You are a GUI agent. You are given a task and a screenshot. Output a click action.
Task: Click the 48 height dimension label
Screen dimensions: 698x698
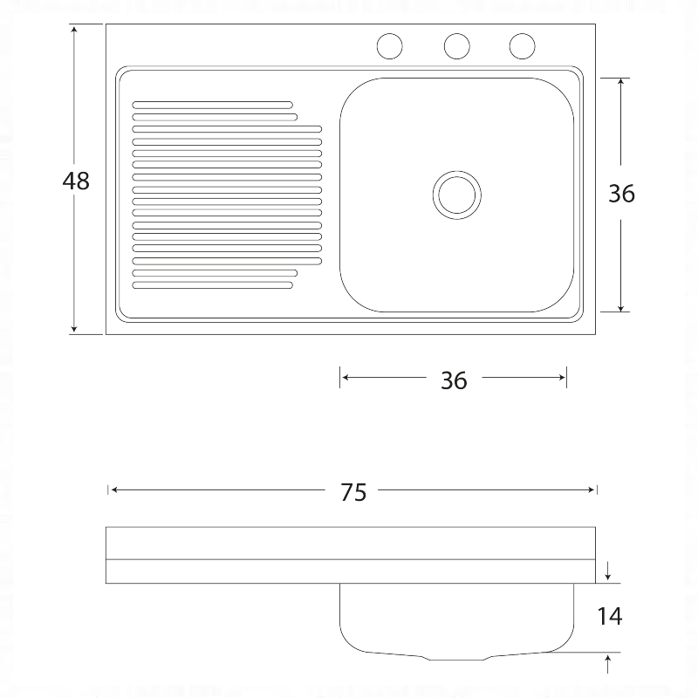(76, 181)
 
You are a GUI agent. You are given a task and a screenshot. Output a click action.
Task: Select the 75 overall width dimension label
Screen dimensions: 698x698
(353, 492)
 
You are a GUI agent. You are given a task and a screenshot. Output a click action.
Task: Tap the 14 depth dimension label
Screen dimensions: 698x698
(609, 616)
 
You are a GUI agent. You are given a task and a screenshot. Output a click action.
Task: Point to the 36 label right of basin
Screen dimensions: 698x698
(621, 194)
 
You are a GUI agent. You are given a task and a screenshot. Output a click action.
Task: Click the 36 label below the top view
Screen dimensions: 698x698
(454, 380)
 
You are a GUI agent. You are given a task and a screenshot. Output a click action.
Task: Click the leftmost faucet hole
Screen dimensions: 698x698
(389, 46)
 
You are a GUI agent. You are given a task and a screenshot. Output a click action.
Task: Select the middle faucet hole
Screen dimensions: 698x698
(456, 46)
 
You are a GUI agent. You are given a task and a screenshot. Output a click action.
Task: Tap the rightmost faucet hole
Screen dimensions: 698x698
(522, 46)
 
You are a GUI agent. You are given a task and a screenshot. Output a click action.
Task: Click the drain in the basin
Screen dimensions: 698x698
(456, 195)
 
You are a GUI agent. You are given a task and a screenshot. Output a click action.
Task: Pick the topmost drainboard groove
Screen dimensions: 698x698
(212, 105)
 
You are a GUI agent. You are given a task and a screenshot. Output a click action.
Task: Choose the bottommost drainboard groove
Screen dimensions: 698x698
(212, 285)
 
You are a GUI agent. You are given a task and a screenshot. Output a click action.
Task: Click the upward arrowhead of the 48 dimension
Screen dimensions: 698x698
(74, 29)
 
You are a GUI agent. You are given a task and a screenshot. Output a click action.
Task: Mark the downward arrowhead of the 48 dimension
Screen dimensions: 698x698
(74, 329)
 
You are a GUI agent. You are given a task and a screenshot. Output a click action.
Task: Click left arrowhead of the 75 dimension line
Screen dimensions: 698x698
(114, 490)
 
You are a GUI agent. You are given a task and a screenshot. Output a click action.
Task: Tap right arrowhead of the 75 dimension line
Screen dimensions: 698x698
(591, 490)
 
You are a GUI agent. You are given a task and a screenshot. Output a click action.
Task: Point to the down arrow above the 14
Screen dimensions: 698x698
(607, 571)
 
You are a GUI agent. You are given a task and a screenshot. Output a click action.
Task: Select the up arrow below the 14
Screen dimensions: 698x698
(607, 664)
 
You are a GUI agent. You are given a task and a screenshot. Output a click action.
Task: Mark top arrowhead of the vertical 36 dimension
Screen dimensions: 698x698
(621, 82)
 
